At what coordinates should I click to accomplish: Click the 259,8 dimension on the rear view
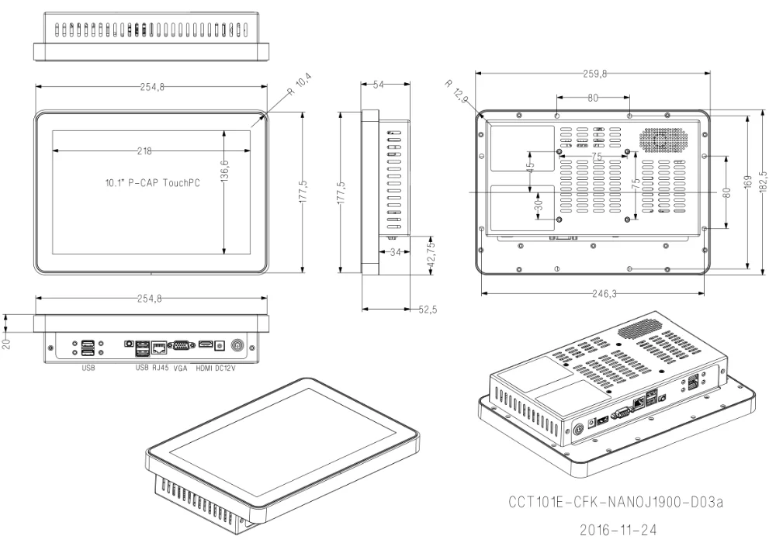[594, 74]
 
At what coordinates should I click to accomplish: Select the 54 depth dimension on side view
[379, 86]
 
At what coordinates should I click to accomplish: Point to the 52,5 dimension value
[428, 310]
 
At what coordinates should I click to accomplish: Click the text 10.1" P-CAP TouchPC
[152, 185]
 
